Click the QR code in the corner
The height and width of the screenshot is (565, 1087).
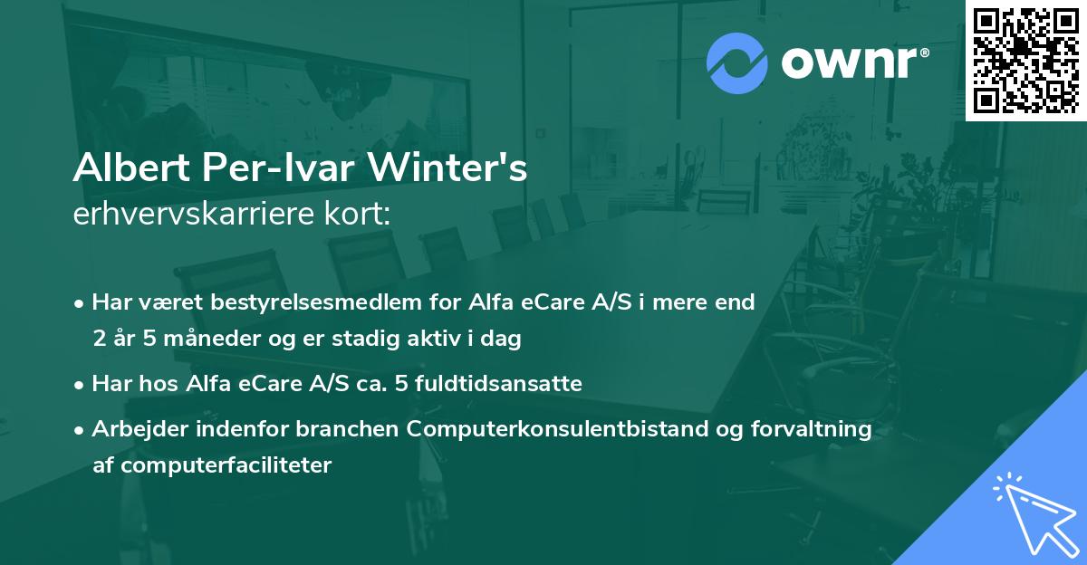(1024, 60)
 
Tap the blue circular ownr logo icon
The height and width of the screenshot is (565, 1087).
(736, 62)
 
